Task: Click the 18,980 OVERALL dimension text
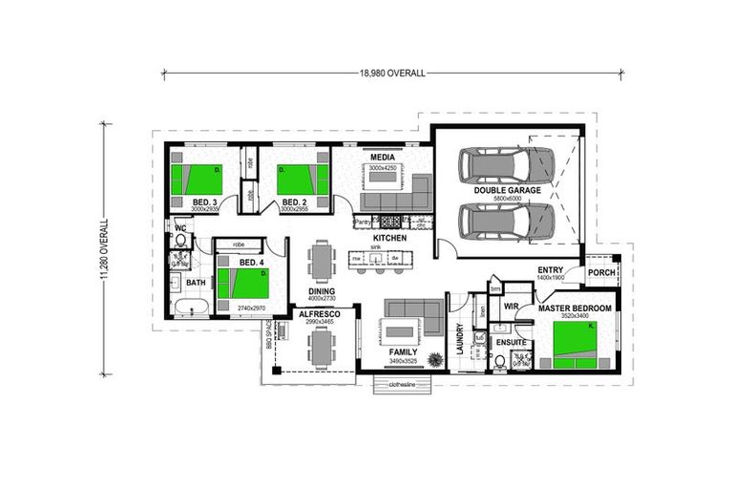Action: [x=392, y=73]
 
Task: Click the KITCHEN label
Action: [x=389, y=238]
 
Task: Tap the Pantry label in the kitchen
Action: [x=362, y=223]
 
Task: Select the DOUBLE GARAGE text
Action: [x=507, y=191]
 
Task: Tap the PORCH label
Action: [x=601, y=272]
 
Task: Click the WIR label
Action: [x=511, y=307]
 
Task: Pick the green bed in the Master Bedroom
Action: [x=575, y=343]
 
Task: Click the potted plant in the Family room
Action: [x=435, y=360]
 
